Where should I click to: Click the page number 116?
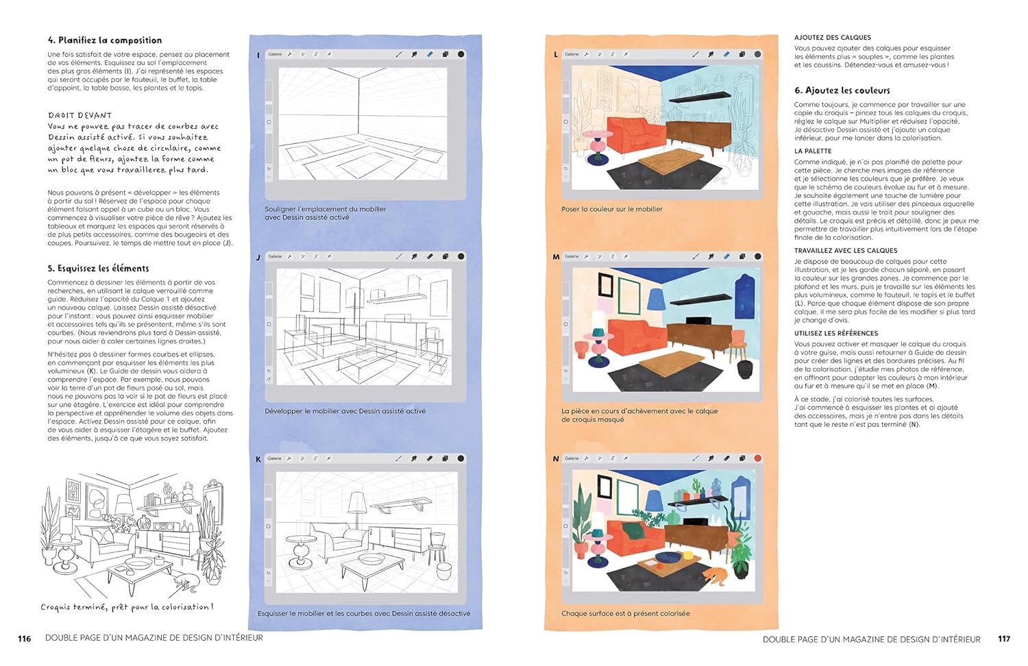coord(24,639)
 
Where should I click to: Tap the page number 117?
coord(1004,639)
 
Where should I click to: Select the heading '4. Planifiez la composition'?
coord(105,40)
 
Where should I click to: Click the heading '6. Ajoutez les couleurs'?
coord(842,90)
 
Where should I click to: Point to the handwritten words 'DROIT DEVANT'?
coord(80,115)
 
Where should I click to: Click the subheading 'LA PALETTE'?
coord(813,151)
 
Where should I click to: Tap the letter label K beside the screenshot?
coord(258,459)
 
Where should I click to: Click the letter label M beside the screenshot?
coord(556,257)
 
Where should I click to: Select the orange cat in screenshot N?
coord(715,576)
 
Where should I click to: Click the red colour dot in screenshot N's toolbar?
coord(758,458)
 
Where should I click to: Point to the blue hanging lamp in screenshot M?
coord(657,298)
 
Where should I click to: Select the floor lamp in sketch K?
coord(357,510)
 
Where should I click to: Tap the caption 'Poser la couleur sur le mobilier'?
coord(612,209)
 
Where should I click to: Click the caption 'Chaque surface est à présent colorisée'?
coord(626,613)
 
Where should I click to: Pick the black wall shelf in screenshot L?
coord(700,98)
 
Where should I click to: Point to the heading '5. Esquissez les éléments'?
coord(98,269)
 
